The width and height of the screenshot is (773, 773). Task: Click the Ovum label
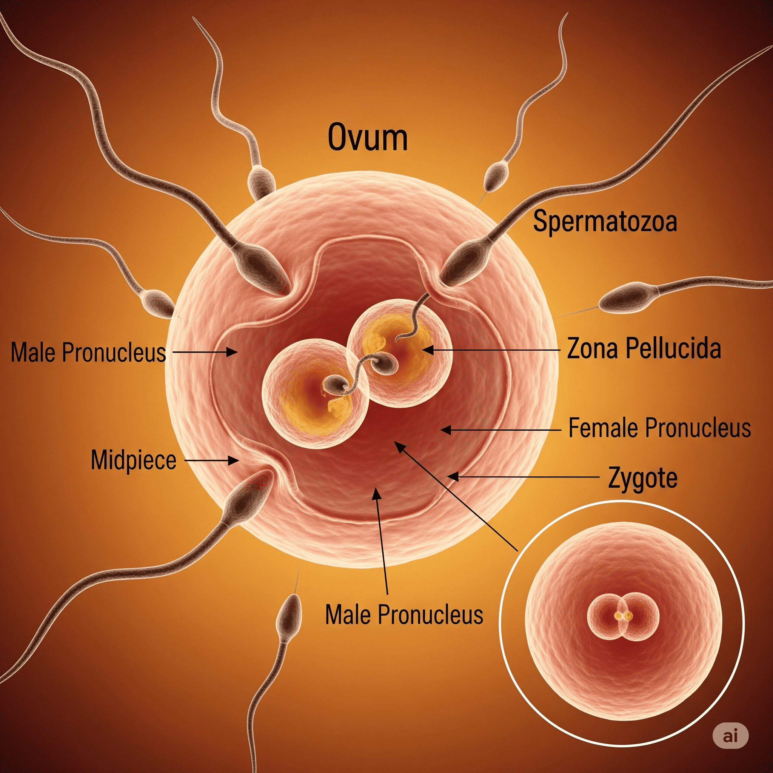(x=368, y=137)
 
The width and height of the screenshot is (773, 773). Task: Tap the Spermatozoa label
(x=605, y=221)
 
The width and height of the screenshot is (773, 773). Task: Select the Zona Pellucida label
(x=644, y=348)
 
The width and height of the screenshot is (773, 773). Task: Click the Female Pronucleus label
(x=659, y=428)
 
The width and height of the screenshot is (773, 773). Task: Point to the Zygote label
(x=642, y=478)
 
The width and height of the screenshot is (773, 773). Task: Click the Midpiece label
(x=134, y=460)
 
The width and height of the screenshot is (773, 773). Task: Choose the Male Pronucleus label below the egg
(x=404, y=614)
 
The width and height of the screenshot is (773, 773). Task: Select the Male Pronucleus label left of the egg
(x=88, y=353)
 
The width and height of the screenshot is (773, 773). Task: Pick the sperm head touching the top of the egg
(x=261, y=181)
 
